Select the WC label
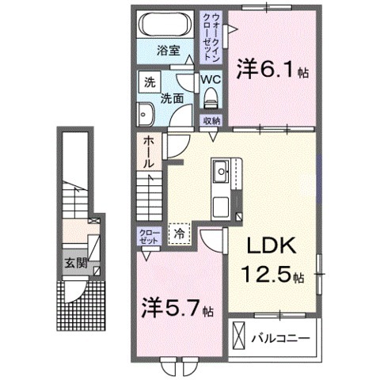210,80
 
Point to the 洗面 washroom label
173,101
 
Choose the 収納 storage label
211,120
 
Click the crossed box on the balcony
238,339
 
